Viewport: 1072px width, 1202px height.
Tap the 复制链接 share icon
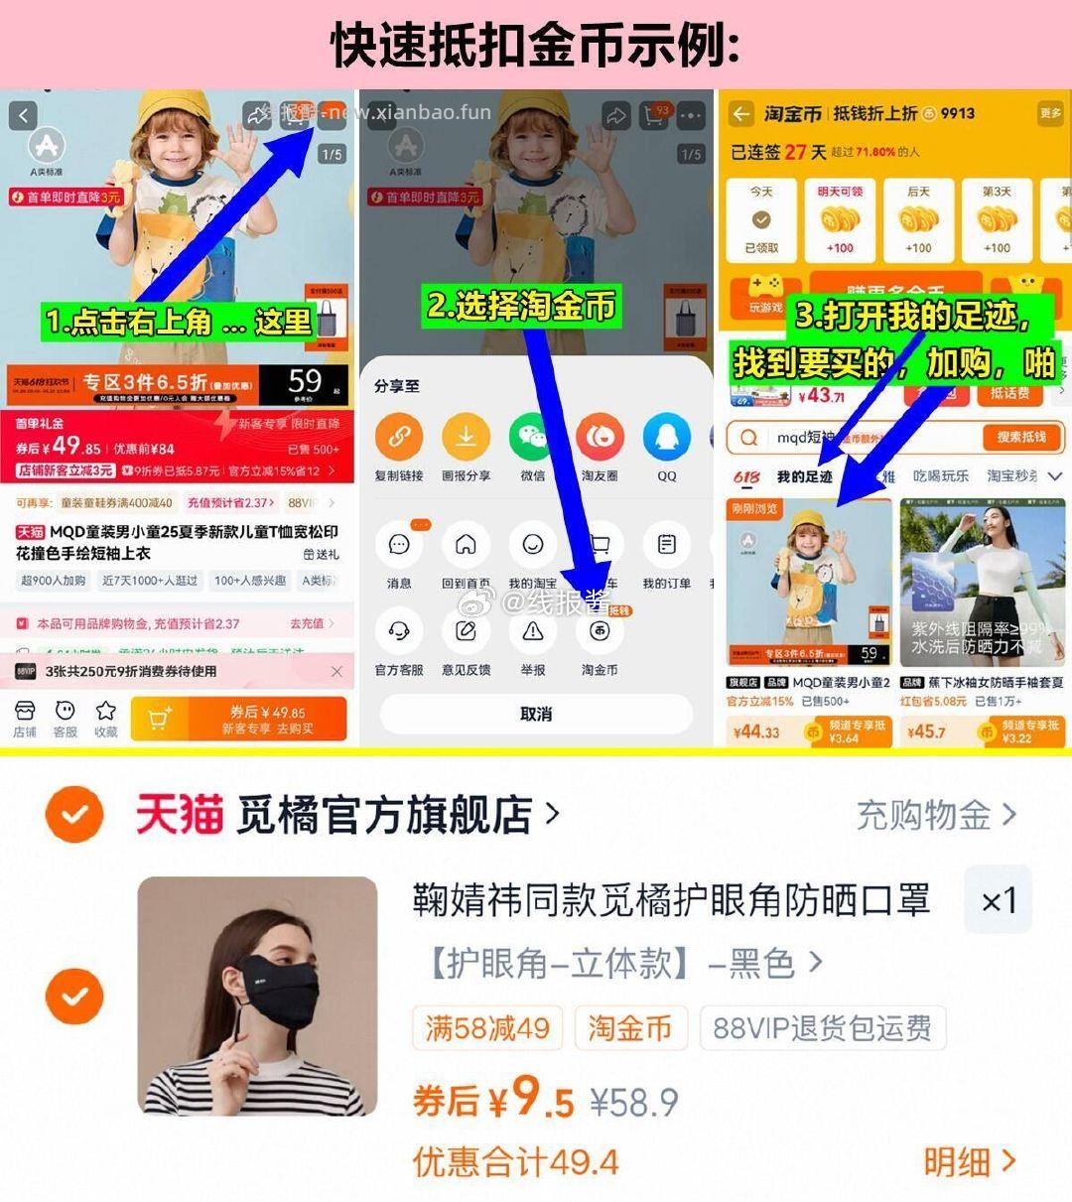pyautogui.click(x=399, y=437)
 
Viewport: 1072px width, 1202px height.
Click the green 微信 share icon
pyautogui.click(x=533, y=437)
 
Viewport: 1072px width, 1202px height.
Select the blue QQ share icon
pyautogui.click(x=666, y=437)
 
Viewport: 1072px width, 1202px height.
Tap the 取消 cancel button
pyautogui.click(x=536, y=714)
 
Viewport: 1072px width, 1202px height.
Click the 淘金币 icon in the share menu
pyautogui.click(x=600, y=631)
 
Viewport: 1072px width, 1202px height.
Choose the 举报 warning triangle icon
pyautogui.click(x=533, y=631)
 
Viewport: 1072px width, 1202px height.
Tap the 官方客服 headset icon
pyautogui.click(x=399, y=631)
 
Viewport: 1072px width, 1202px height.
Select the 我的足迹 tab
pyautogui.click(x=804, y=476)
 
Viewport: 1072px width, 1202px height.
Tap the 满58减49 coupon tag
pyautogui.click(x=487, y=1028)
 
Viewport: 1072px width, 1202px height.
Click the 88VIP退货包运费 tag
pyautogui.click(x=822, y=1028)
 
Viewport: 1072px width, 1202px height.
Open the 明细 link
pyautogui.click(x=969, y=1161)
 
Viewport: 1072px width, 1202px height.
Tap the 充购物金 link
pyautogui.click(x=935, y=815)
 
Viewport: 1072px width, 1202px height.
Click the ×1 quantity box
pyautogui.click(x=998, y=900)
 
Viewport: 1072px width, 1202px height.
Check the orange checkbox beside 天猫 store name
pyautogui.click(x=74, y=815)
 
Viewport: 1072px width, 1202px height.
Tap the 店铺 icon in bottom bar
pyautogui.click(x=25, y=718)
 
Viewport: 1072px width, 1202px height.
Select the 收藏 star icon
pyautogui.click(x=105, y=718)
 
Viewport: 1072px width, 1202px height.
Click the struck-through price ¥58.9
pyautogui.click(x=634, y=1102)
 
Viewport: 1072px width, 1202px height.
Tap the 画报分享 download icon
pyautogui.click(x=466, y=437)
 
